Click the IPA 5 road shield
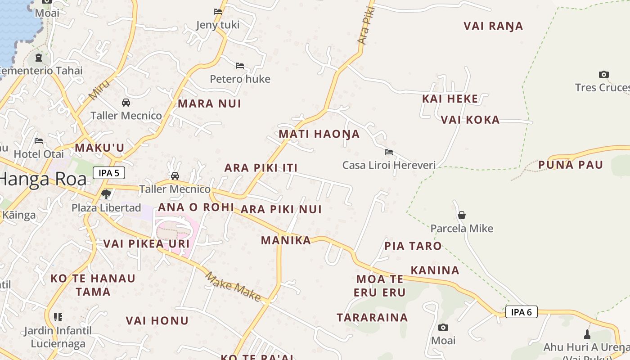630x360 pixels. click(109, 173)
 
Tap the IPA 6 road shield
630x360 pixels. click(522, 312)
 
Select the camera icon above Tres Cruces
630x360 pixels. click(604, 74)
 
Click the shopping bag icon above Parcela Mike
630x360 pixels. click(461, 215)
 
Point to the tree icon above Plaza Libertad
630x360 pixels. click(106, 194)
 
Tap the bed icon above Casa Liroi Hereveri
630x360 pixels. click(389, 152)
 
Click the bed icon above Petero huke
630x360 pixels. click(240, 66)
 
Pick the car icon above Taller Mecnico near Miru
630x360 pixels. click(126, 103)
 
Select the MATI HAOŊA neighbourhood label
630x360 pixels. click(319, 134)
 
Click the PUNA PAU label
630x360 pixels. click(571, 165)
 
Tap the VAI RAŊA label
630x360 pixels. click(493, 26)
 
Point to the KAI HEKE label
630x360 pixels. click(450, 99)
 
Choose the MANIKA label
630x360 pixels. click(286, 240)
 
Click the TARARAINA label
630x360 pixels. click(372, 317)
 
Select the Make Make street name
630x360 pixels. click(233, 287)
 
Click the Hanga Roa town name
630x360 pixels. click(43, 179)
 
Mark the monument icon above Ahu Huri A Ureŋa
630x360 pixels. click(587, 334)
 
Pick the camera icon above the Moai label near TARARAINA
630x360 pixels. click(443, 328)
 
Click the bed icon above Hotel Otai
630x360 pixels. click(39, 141)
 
